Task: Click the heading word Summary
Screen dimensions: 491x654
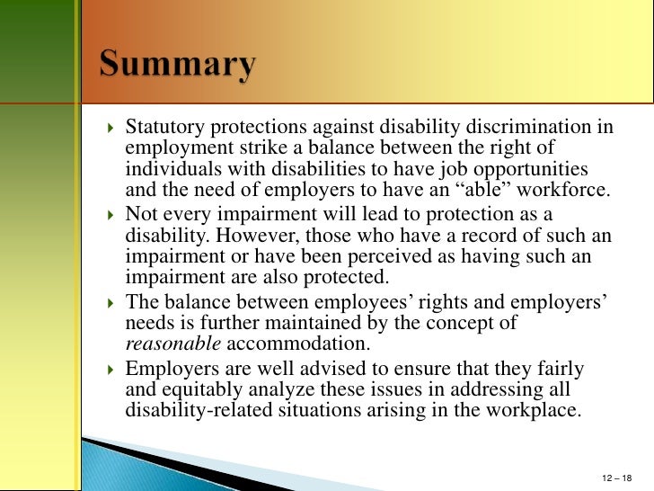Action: click(x=177, y=65)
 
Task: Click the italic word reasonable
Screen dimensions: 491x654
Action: click(x=172, y=344)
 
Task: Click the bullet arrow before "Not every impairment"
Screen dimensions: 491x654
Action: click(x=110, y=215)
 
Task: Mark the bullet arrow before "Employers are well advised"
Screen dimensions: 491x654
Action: click(x=110, y=368)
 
